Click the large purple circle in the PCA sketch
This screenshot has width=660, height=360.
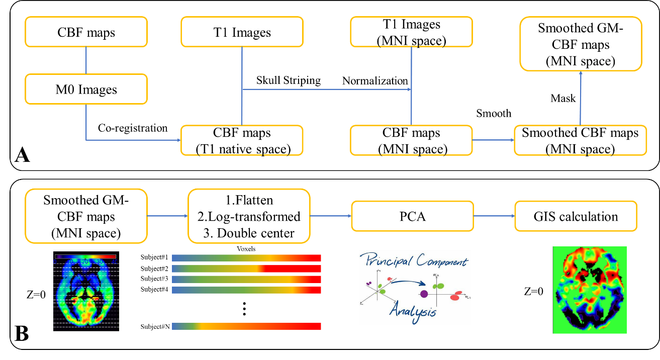click(424, 294)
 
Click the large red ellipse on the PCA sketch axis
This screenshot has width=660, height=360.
click(455, 297)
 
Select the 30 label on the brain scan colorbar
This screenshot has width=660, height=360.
click(100, 262)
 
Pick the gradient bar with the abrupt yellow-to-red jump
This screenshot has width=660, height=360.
click(246, 268)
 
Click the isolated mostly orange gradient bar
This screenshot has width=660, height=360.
click(246, 326)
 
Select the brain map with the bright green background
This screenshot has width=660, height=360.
click(590, 290)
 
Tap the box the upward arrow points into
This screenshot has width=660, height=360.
click(581, 44)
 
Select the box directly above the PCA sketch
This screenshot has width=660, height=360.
click(412, 216)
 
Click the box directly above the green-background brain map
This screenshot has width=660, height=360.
click(576, 216)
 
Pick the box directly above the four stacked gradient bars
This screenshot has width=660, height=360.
click(249, 216)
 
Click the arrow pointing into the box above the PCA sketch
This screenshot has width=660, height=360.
click(330, 216)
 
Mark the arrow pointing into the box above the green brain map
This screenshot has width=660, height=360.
click(494, 216)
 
